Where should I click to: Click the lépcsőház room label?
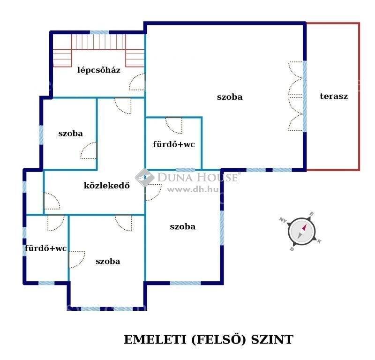tap(99, 70)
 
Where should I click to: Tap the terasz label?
tap(334, 96)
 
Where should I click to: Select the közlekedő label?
tap(107, 185)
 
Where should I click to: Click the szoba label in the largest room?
tap(230, 97)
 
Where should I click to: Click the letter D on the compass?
tap(292, 249)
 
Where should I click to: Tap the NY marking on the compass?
tap(283, 220)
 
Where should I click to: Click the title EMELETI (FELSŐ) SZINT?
tap(208, 339)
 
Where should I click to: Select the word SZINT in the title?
tap(272, 339)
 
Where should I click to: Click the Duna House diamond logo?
tap(145, 178)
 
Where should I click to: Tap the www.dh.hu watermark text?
tap(193, 190)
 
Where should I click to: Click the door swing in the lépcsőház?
tap(137, 82)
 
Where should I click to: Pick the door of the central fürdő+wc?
tap(174, 125)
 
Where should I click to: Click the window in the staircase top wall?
tap(99, 32)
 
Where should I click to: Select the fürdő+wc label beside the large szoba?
tap(174, 144)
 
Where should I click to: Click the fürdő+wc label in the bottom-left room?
tap(45, 248)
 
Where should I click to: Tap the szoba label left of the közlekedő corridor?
tap(71, 134)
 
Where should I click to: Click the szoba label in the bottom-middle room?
tap(108, 261)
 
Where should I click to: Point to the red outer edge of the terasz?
tap(359, 97)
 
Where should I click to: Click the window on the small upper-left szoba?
tap(41, 135)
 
